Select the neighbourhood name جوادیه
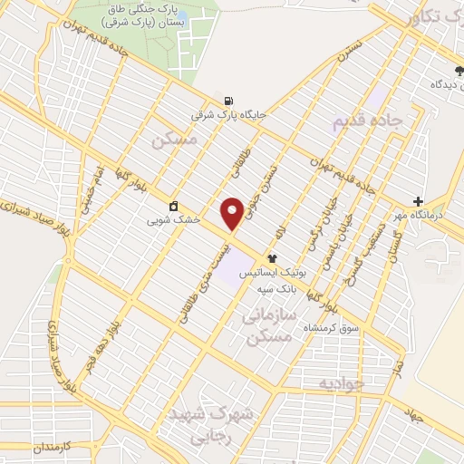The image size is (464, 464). (x=339, y=383)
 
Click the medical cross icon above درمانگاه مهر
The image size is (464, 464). (x=417, y=201)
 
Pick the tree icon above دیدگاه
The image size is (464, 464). (x=459, y=69)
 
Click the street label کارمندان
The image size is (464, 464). (x=34, y=449)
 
